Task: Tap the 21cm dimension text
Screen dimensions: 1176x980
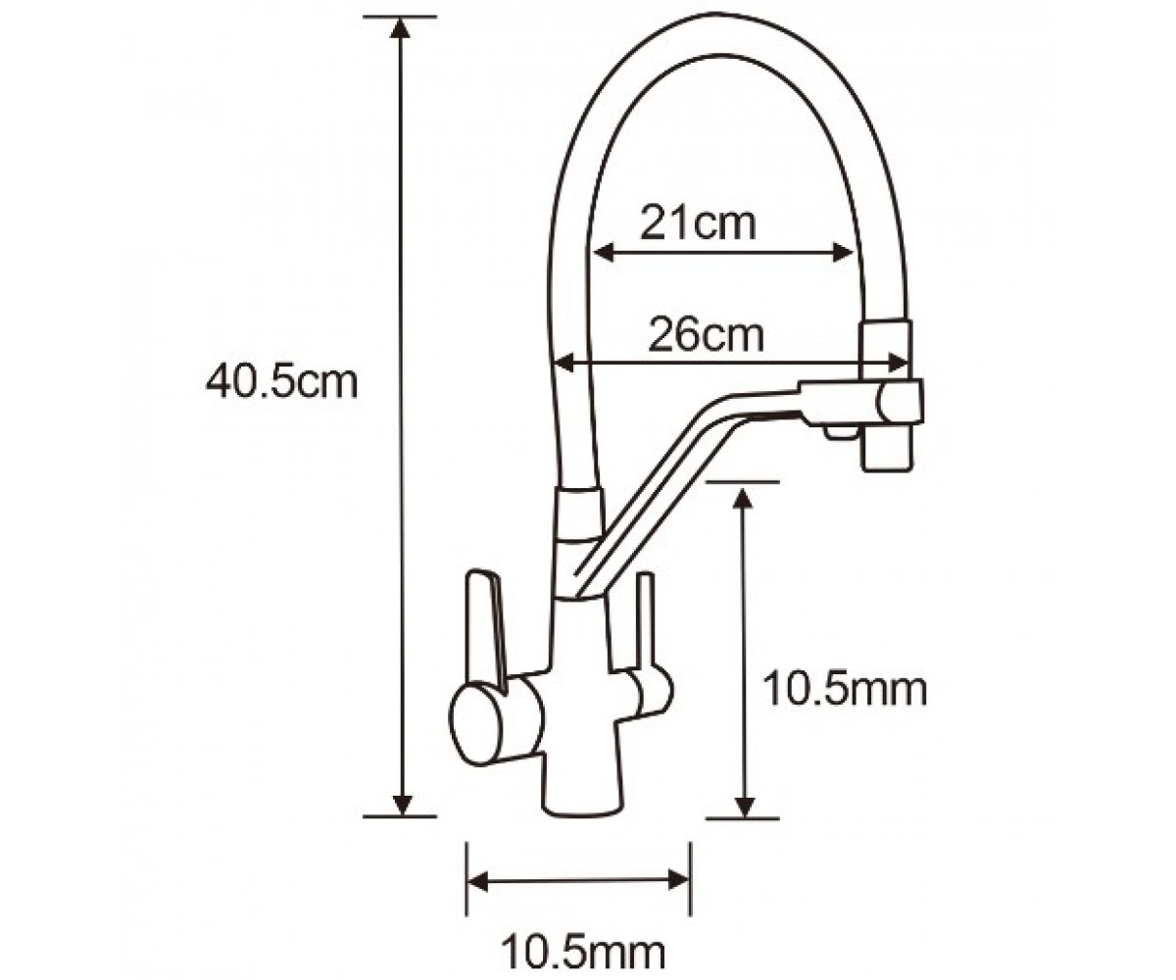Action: [698, 223]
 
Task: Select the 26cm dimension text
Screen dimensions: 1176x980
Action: [706, 336]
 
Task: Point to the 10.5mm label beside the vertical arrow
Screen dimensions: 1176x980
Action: [844, 691]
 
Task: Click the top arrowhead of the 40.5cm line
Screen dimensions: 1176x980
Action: [401, 27]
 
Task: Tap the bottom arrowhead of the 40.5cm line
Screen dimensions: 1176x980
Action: [401, 806]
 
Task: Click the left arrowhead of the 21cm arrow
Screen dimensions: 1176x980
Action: [604, 253]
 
